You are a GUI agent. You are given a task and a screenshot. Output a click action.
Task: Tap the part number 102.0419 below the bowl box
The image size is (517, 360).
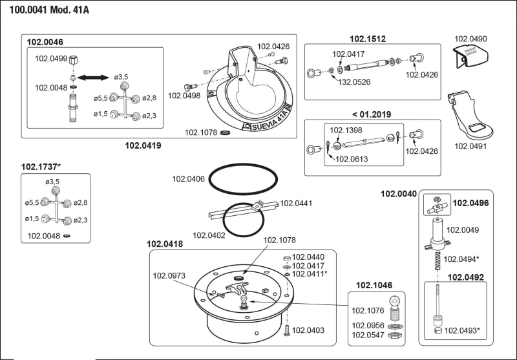[x=143, y=145]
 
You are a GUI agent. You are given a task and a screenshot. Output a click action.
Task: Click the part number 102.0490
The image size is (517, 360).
[x=471, y=39]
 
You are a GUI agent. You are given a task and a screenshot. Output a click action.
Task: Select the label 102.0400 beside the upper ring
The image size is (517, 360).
[x=190, y=178]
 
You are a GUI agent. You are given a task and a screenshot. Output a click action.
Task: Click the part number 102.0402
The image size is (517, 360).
[x=209, y=235]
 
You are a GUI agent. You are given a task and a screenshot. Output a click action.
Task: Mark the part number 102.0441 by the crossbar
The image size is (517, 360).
[x=296, y=203]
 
